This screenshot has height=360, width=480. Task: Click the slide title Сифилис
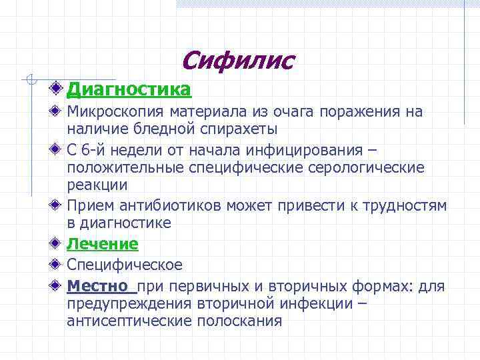coord(237,61)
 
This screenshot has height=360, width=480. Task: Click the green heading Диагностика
coord(129,89)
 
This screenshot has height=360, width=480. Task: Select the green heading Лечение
coord(103,244)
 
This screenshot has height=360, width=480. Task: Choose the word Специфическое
coord(125,265)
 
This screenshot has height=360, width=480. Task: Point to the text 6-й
coord(96,149)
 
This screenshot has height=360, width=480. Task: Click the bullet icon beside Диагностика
coord(59,88)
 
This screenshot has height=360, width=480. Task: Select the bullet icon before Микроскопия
coord(59,111)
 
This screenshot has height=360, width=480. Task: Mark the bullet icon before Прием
coord(59,205)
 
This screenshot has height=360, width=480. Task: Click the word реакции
coord(97,183)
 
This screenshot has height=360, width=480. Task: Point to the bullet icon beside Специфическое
coord(59,265)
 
